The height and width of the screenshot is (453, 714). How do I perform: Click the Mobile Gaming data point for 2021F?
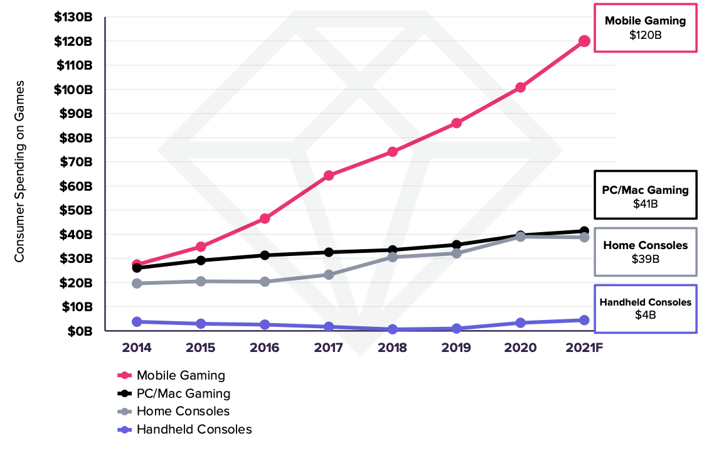[x=584, y=41]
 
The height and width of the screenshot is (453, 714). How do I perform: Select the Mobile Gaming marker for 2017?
[x=329, y=176]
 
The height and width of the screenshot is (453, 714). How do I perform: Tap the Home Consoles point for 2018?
[x=392, y=257]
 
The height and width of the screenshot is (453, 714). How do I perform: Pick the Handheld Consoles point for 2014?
[x=137, y=322]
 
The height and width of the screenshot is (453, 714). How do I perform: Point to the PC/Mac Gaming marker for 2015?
[x=201, y=260]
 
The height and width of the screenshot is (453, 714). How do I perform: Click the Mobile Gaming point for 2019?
[x=456, y=123]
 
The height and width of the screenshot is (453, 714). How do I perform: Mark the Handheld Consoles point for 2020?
[x=520, y=322]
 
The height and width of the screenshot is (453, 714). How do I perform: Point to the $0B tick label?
[x=81, y=331]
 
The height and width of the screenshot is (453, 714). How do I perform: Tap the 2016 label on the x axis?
[x=264, y=348]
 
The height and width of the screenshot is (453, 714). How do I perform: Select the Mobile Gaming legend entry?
[x=181, y=376]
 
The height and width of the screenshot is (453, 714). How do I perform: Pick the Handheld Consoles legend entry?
[x=194, y=430]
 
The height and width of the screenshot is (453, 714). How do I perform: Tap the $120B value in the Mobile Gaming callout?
[x=646, y=35]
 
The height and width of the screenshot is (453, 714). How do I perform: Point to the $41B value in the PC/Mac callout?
[x=646, y=204]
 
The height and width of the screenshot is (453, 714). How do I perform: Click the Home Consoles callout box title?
[x=646, y=245]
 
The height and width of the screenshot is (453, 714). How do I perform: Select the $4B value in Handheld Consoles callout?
[x=646, y=315]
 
